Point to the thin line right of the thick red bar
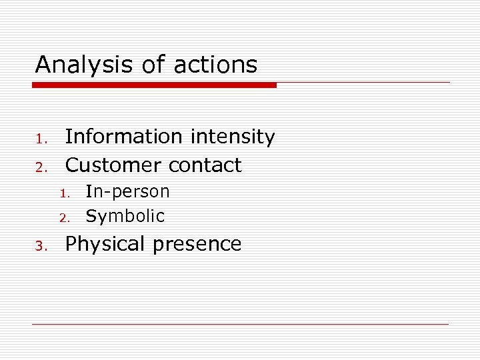[363, 83]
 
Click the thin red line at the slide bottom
[240, 325]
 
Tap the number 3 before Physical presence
[39, 247]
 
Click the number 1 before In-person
[65, 194]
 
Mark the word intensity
[233, 137]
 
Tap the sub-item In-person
[128, 192]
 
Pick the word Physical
[106, 245]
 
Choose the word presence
[197, 245]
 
